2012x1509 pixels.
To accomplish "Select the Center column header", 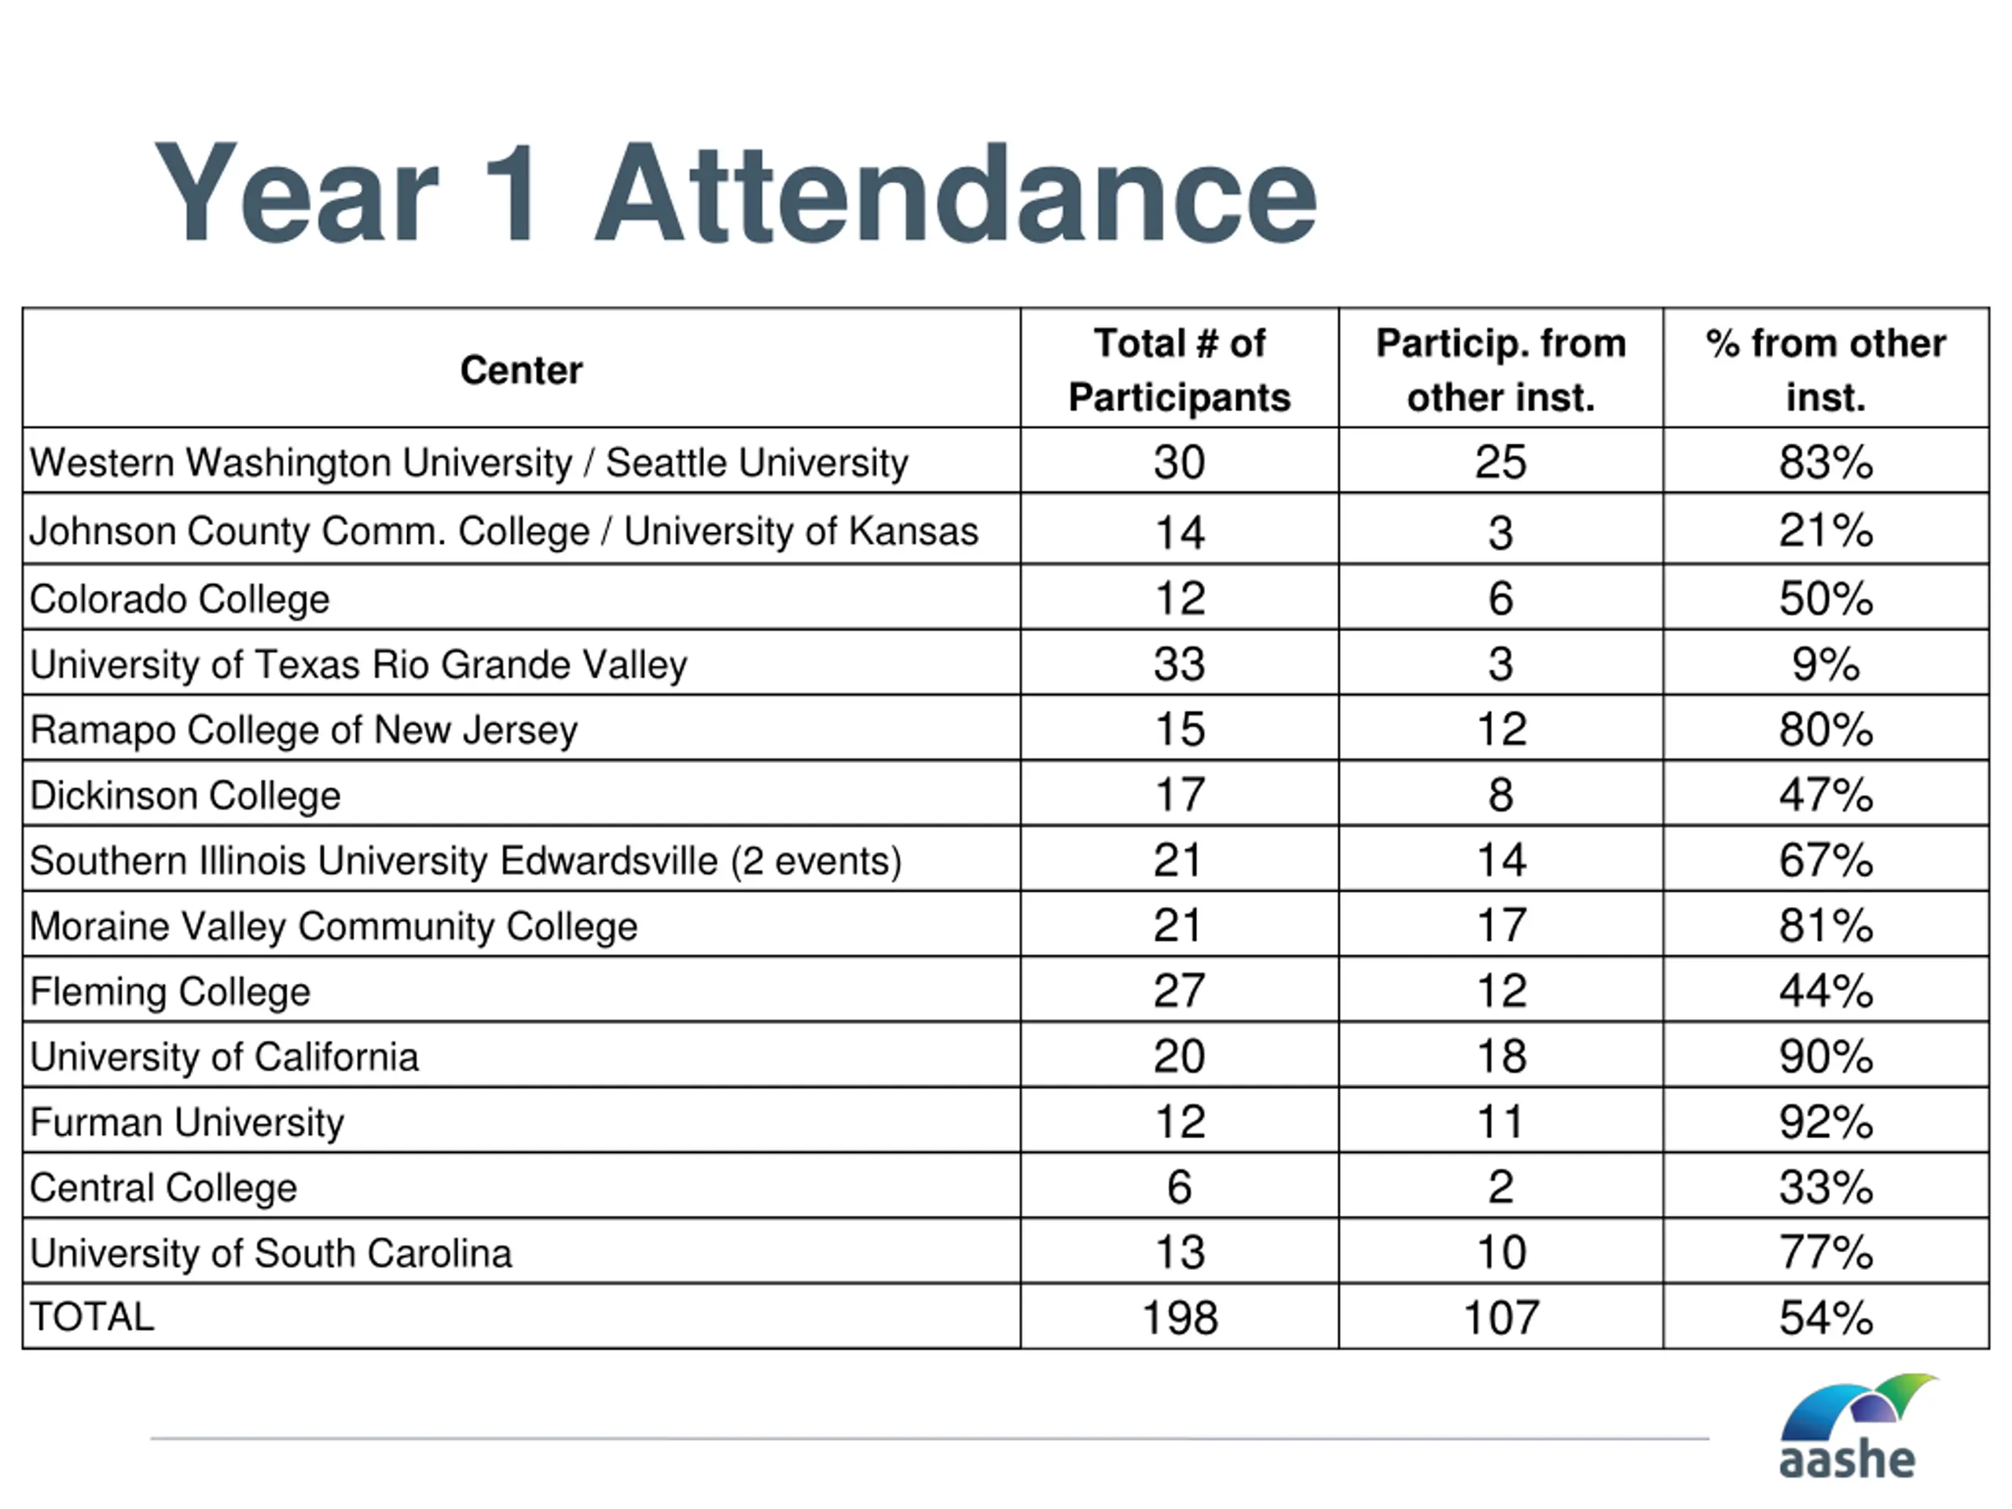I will click(x=521, y=370).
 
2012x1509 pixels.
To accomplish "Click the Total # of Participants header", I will click(x=1179, y=370).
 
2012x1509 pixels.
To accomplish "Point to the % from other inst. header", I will click(x=1826, y=370).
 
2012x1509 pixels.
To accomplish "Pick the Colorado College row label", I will click(x=179, y=599).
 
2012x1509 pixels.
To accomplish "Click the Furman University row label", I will click(x=186, y=1122).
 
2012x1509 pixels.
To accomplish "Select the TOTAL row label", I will click(x=92, y=1317).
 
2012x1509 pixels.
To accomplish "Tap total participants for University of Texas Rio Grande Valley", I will click(x=1179, y=664).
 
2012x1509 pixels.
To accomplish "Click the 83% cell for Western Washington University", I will click(x=1826, y=462).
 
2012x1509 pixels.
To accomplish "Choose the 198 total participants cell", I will click(x=1179, y=1317).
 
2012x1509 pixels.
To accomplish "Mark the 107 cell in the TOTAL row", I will click(x=1501, y=1317).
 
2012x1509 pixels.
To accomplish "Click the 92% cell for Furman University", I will click(x=1826, y=1122).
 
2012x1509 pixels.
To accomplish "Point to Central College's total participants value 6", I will click(x=1179, y=1188).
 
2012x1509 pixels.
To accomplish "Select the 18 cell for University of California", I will click(x=1501, y=1057).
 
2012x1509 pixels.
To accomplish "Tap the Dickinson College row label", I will click(x=185, y=796).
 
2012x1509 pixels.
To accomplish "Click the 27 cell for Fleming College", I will click(x=1179, y=991).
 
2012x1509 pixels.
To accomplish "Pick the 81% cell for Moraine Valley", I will click(x=1826, y=926).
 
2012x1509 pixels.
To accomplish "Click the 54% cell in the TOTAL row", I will click(x=1826, y=1317).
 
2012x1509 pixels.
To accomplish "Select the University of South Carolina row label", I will click(x=270, y=1254).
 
